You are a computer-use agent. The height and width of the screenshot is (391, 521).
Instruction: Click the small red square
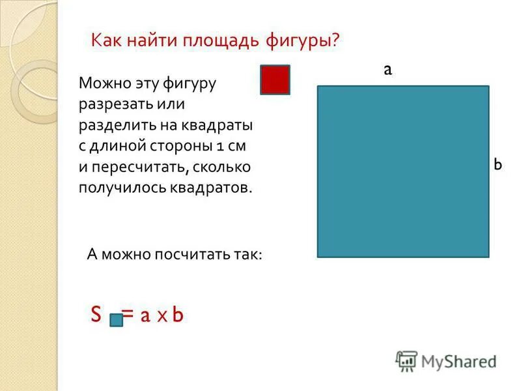(275, 80)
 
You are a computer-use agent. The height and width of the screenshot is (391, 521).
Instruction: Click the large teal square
(402, 171)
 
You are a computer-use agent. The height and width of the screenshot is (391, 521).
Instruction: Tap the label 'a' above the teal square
(387, 70)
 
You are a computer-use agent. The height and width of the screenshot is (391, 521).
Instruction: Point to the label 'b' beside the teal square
(498, 165)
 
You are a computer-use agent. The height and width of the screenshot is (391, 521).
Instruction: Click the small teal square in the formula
(116, 319)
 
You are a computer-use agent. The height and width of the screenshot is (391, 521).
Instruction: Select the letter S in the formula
(96, 315)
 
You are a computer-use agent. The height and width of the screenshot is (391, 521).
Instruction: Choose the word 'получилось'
(115, 188)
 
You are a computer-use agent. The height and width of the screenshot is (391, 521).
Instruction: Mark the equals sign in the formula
(128, 315)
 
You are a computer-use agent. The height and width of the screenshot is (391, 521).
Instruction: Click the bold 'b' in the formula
(178, 315)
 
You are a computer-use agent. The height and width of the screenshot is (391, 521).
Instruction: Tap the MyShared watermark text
(458, 360)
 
